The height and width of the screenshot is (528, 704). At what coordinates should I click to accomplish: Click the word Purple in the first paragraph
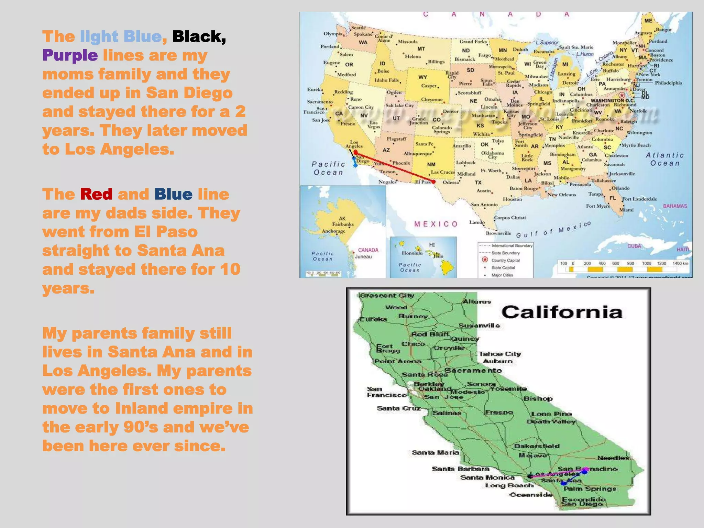point(70,55)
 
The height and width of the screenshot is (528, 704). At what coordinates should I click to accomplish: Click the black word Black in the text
point(199,36)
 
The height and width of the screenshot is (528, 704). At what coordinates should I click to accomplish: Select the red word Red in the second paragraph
point(96,194)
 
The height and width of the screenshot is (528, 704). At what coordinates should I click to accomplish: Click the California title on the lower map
point(562,312)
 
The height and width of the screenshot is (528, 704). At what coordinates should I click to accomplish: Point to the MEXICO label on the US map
point(436,224)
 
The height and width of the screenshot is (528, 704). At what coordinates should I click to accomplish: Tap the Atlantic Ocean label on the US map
point(665,159)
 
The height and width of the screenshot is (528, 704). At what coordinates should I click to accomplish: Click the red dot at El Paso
point(434,181)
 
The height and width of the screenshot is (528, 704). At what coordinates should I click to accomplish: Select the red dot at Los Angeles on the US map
point(356,152)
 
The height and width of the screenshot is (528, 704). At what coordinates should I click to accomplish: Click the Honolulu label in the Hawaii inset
point(412,253)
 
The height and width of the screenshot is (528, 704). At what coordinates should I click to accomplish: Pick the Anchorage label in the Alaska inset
point(333,231)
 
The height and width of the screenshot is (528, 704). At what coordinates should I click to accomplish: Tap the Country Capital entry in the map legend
point(505,260)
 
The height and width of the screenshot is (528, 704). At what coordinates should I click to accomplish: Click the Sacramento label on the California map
point(473,370)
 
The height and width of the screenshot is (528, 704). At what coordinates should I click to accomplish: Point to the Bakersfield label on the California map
point(537,446)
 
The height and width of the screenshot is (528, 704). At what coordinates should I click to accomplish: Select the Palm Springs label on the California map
point(590,488)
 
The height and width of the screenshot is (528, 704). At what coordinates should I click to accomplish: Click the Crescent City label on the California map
point(387,296)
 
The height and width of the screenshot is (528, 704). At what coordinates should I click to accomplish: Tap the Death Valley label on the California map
point(551,421)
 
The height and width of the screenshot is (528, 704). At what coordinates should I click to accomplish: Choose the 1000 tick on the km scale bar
point(647,263)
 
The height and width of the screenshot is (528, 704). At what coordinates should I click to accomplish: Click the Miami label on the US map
point(626,210)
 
